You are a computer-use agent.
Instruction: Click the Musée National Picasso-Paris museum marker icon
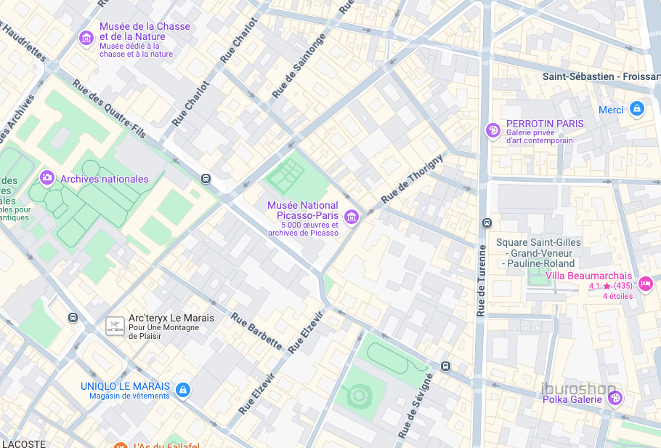(352, 216)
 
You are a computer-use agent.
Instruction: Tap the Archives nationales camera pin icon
(47, 177)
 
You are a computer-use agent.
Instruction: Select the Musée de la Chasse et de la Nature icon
(86, 37)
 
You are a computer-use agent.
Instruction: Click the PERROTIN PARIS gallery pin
(492, 130)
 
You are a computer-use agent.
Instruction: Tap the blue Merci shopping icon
(637, 109)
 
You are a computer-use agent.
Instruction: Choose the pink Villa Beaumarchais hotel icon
(646, 283)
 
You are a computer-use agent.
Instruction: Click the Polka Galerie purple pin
(615, 398)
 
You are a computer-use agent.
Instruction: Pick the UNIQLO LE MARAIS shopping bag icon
(183, 391)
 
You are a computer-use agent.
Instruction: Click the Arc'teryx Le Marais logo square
(115, 326)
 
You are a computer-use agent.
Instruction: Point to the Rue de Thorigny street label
(412, 179)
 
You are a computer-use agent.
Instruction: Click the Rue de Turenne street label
(481, 280)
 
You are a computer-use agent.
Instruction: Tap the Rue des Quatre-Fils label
(109, 109)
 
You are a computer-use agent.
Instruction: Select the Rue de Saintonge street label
(299, 66)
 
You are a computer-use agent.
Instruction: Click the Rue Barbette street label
(256, 331)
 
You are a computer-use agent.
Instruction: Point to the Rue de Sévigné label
(415, 405)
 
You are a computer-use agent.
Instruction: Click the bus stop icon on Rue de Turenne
(486, 223)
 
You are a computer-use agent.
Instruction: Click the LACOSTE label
(23, 443)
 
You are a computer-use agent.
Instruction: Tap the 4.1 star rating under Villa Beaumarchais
(610, 286)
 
